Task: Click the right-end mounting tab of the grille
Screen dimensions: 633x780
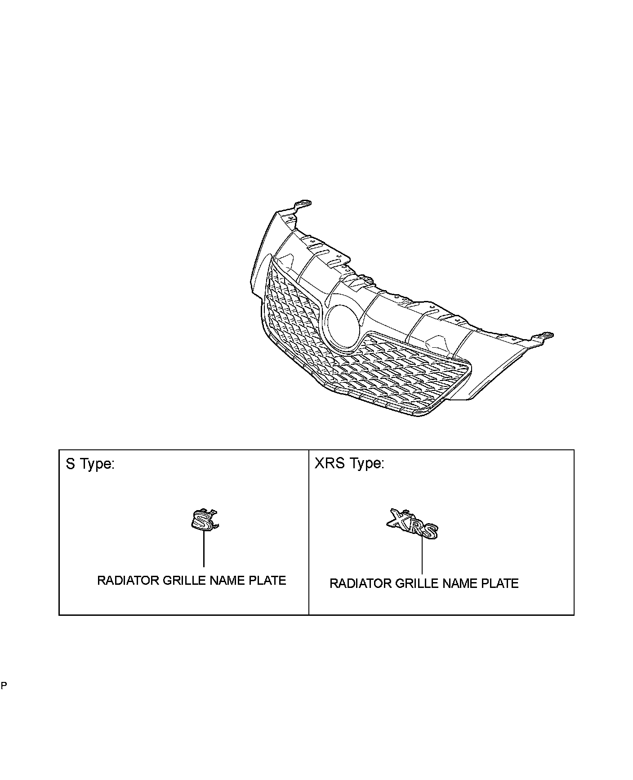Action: (x=545, y=336)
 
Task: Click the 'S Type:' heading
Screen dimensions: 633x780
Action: (x=90, y=464)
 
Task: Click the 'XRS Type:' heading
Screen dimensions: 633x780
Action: (x=349, y=463)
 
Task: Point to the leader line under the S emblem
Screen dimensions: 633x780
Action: (x=204, y=549)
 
